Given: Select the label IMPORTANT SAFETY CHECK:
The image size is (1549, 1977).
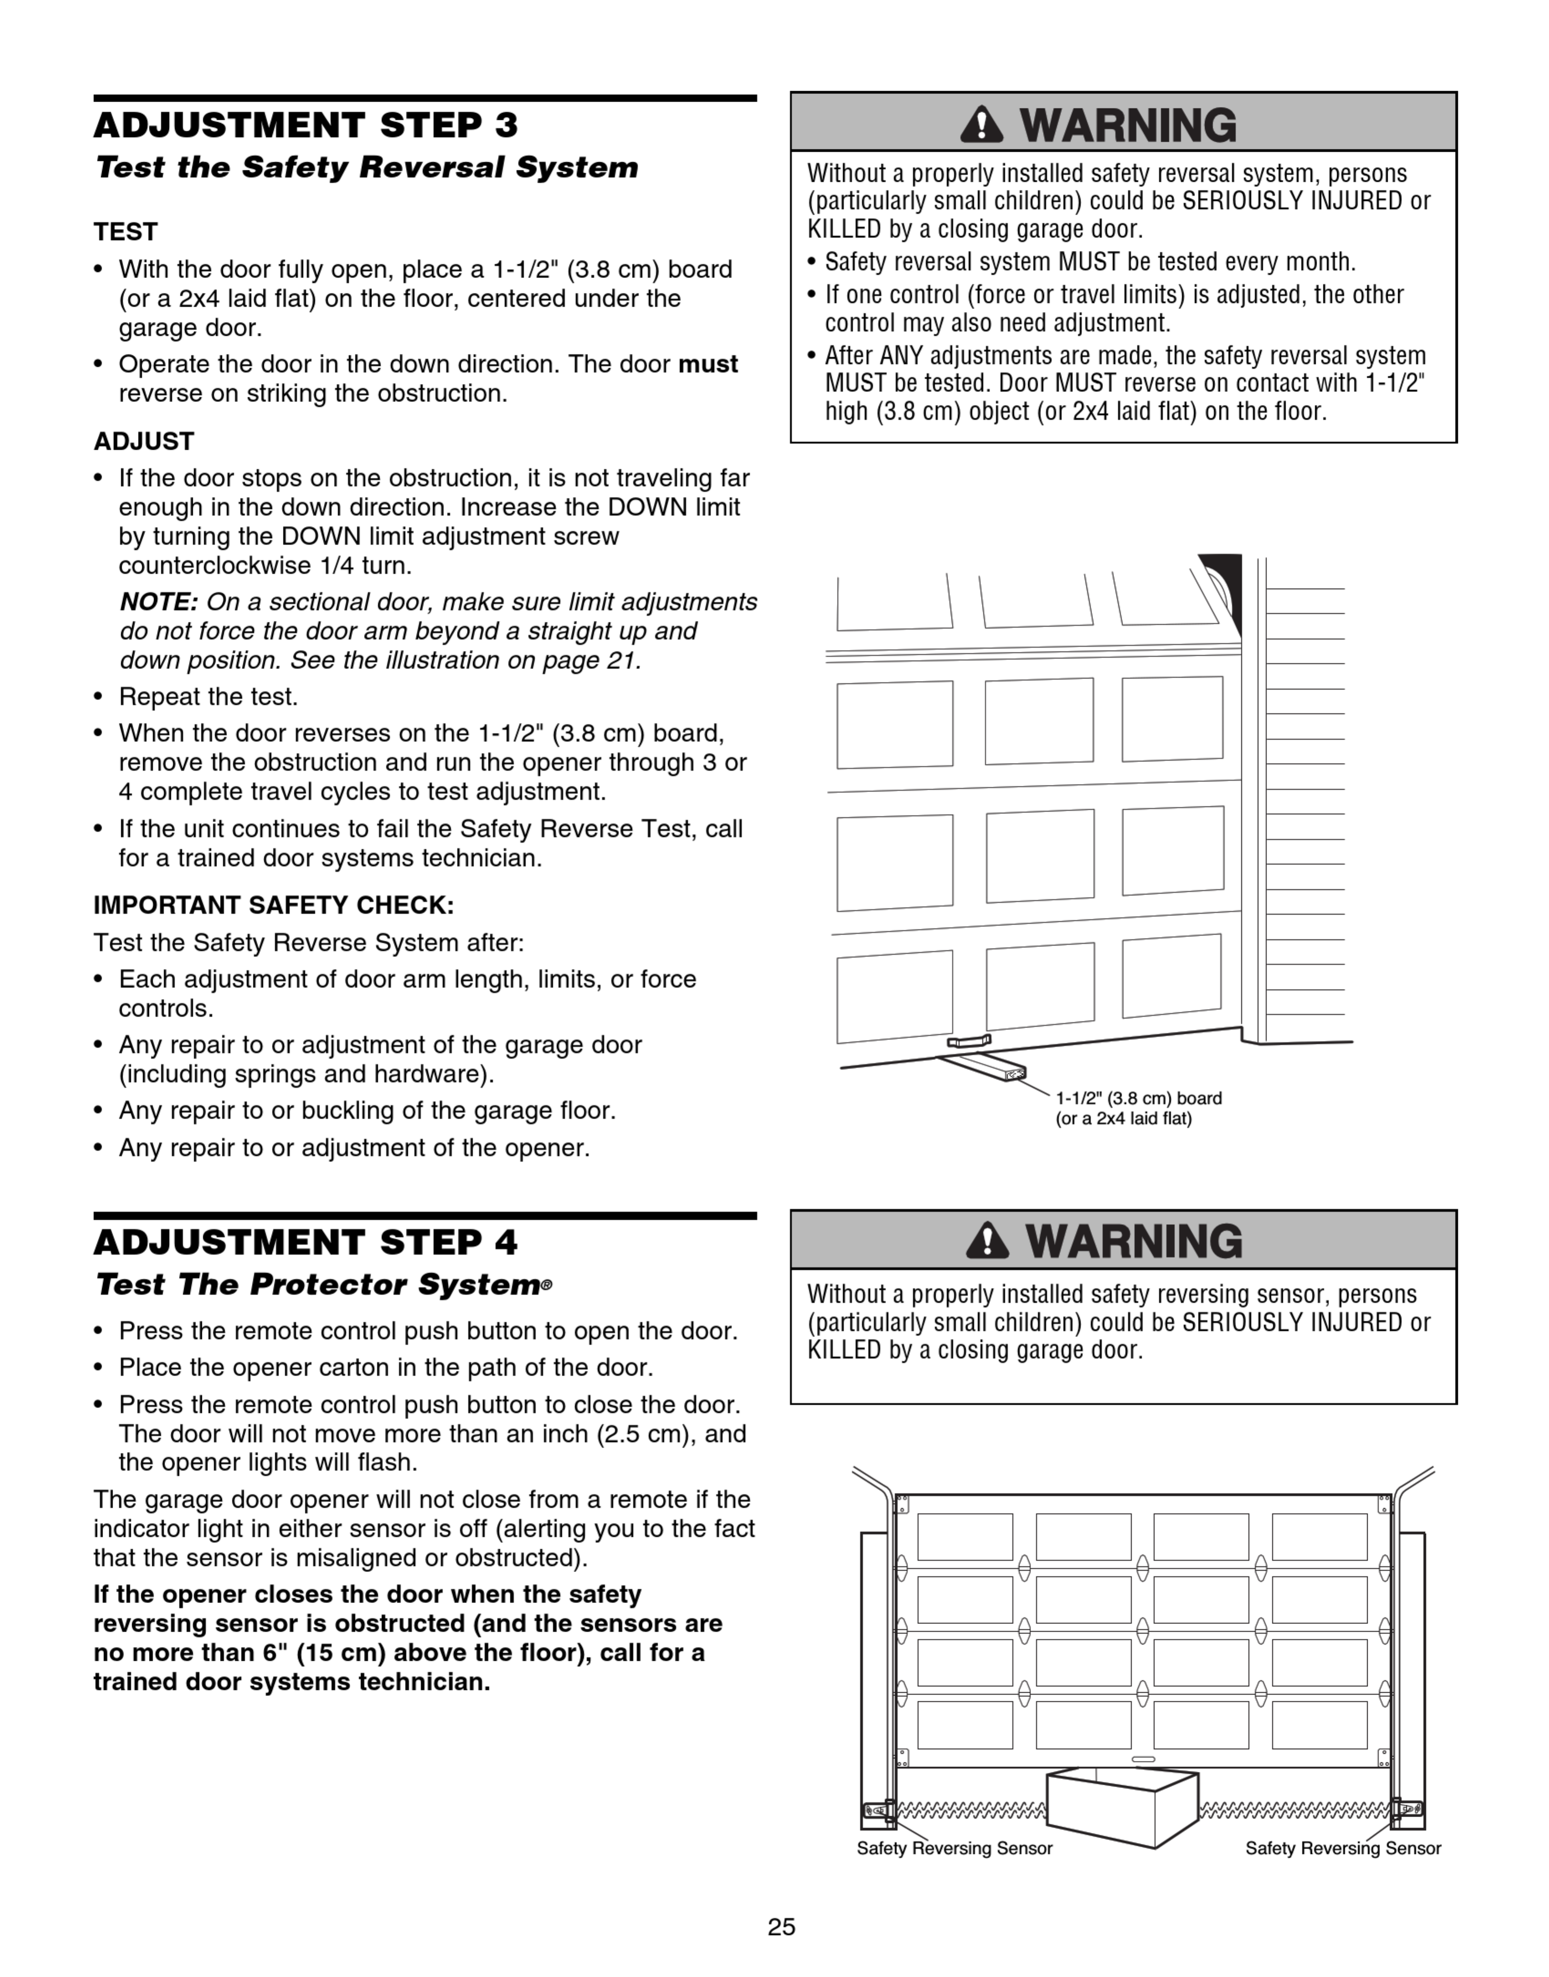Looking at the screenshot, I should click(274, 905).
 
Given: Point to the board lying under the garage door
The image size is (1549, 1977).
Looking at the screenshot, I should click(982, 1066).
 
